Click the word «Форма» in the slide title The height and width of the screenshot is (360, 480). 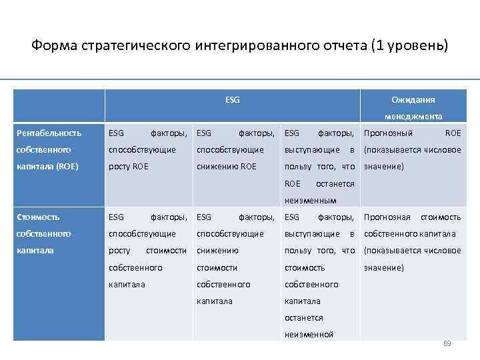[x=55, y=46]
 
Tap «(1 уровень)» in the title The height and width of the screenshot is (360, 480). [x=412, y=46]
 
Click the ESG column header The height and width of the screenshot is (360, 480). [x=233, y=100]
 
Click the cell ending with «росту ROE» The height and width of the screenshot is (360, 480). [x=147, y=150]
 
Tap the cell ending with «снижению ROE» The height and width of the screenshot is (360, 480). [x=235, y=150]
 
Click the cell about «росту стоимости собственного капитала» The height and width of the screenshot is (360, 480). [x=147, y=251]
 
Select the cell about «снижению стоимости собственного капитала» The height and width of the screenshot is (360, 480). [x=235, y=259]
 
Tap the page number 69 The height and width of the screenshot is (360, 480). [x=447, y=343]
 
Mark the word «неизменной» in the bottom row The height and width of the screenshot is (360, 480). [x=309, y=335]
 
